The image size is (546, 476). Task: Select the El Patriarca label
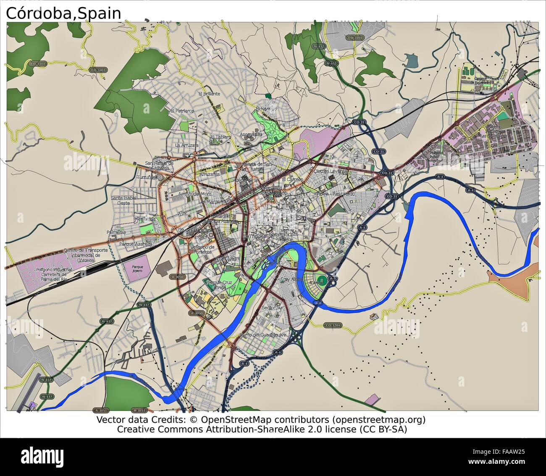click(182, 110)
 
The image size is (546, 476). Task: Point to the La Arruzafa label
click(187, 145)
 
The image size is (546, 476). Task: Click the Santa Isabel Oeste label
click(123, 200)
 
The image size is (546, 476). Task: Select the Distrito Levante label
click(331, 171)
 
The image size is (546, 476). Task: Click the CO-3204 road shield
click(333, 325)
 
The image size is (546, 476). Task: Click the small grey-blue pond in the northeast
click(412, 61)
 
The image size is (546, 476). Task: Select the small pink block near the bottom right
click(372, 399)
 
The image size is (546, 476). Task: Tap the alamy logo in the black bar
click(42, 456)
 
